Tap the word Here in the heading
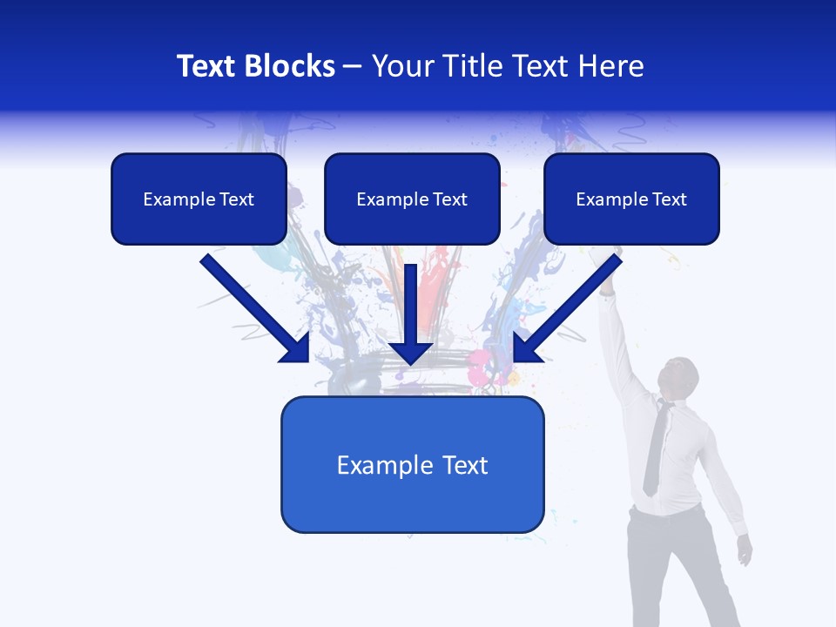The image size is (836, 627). pyautogui.click(x=611, y=66)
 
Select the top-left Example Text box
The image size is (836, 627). pyautogui.click(x=199, y=199)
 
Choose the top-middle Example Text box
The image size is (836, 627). pyautogui.click(x=412, y=199)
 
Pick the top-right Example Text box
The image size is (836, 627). pyautogui.click(x=631, y=199)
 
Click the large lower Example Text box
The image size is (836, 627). pyautogui.click(x=412, y=465)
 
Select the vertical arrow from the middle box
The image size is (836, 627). pyautogui.click(x=411, y=313)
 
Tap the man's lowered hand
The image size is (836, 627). pyautogui.click(x=744, y=549)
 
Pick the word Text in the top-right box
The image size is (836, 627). pyautogui.click(x=669, y=199)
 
